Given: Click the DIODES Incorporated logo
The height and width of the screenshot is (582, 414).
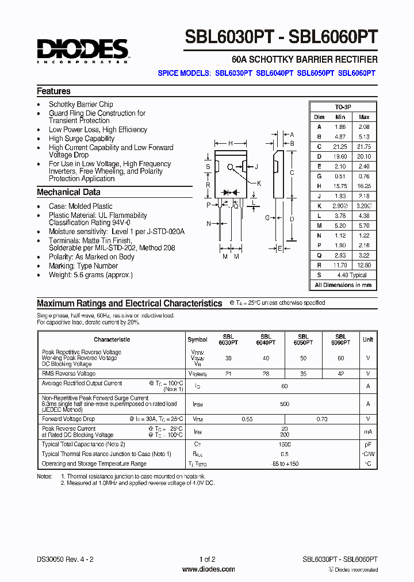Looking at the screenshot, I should click(x=82, y=51).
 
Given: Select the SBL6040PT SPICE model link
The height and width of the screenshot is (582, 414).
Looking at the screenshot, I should click(x=274, y=73).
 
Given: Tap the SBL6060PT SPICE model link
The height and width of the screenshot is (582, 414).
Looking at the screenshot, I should click(x=356, y=73).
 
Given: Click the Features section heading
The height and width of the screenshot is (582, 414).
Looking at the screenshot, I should click(x=53, y=91).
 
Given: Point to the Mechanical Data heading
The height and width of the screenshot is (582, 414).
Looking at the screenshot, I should click(x=68, y=193).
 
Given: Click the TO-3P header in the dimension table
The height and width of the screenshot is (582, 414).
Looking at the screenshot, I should click(x=343, y=108).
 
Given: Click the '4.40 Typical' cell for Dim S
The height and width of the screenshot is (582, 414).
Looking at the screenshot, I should click(x=351, y=275).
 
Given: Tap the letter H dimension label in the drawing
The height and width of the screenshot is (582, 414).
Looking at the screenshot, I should click(x=231, y=143).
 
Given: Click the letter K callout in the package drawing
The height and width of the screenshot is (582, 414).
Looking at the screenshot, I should click(x=259, y=183).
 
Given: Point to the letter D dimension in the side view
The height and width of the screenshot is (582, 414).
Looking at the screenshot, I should click(x=292, y=219).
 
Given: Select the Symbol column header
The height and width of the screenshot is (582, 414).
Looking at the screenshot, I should click(x=197, y=339).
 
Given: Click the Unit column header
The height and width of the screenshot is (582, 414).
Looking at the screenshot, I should click(x=367, y=339).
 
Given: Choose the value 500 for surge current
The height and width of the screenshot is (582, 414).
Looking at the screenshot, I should click(x=285, y=404).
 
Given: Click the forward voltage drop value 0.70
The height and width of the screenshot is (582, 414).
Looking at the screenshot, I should click(x=322, y=419).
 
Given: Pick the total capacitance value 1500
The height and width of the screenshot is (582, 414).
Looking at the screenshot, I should click(x=285, y=445).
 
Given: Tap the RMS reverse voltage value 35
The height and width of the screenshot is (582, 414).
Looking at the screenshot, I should click(x=304, y=373).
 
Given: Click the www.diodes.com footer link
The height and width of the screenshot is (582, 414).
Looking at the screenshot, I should click(x=208, y=569).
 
